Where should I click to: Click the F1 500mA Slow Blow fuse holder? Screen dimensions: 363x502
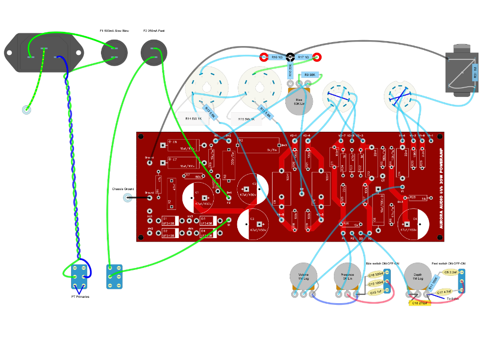[114, 52]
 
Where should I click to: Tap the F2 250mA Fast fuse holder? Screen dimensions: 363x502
[154, 52]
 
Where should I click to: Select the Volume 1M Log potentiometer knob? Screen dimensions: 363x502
[303, 276]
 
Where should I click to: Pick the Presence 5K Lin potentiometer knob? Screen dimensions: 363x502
[348, 276]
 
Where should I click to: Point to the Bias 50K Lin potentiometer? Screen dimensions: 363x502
[299, 102]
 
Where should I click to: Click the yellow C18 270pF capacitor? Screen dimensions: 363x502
[420, 303]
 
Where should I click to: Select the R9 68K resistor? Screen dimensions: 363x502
[309, 75]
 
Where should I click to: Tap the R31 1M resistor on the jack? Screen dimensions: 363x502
[475, 72]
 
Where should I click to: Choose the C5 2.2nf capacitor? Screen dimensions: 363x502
[450, 272]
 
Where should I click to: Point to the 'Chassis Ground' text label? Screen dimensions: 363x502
[123, 189]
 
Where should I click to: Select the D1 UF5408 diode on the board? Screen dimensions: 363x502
[169, 219]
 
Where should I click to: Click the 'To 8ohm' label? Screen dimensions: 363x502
[452, 298]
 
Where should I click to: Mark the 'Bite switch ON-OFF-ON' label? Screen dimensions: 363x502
[382, 264]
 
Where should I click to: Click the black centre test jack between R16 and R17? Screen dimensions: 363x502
[290, 57]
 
